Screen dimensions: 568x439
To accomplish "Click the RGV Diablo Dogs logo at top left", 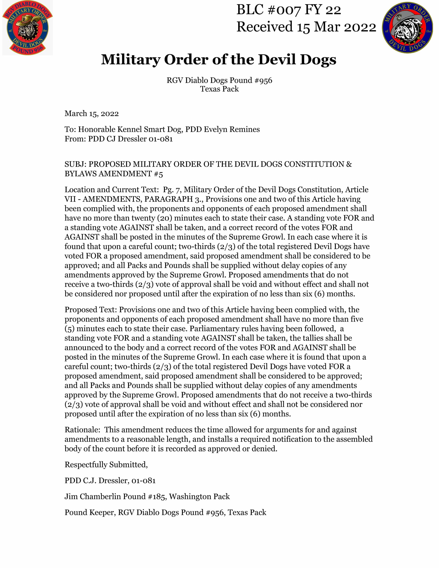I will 27,27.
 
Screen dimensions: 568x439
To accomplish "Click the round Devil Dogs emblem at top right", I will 407,27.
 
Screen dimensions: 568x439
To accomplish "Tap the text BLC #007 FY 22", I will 288,10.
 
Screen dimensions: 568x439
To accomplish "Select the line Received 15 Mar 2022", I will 306,27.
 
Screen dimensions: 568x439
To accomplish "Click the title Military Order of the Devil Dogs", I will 219,59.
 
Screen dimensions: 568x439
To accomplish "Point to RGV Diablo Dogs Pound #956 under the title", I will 219,80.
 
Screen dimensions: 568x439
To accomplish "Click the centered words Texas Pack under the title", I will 219,89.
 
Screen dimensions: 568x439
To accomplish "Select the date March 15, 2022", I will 92,114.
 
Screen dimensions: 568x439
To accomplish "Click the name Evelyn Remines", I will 232,129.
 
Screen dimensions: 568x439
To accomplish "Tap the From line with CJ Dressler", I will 119,139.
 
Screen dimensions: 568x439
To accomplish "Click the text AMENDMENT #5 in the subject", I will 131,174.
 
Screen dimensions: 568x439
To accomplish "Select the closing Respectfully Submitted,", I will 106,464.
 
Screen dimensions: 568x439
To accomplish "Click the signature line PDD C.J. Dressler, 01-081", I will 110,480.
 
